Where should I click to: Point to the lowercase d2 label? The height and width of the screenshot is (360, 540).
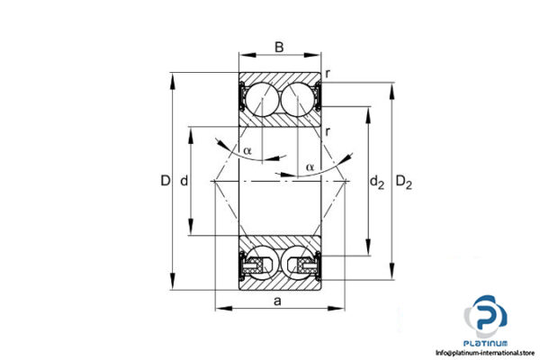[x=377, y=184]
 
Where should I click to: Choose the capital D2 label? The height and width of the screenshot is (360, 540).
[x=404, y=184]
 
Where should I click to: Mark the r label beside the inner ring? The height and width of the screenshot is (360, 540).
[x=328, y=132]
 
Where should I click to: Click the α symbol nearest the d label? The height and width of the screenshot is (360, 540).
[x=247, y=149]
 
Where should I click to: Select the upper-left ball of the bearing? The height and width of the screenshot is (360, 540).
[x=260, y=97]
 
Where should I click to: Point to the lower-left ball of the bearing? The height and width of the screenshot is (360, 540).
[x=260, y=262]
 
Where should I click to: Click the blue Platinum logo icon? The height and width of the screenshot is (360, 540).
[x=486, y=316]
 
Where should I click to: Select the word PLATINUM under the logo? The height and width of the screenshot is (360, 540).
[x=486, y=343]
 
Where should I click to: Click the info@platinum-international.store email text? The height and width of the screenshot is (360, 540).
[x=486, y=353]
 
